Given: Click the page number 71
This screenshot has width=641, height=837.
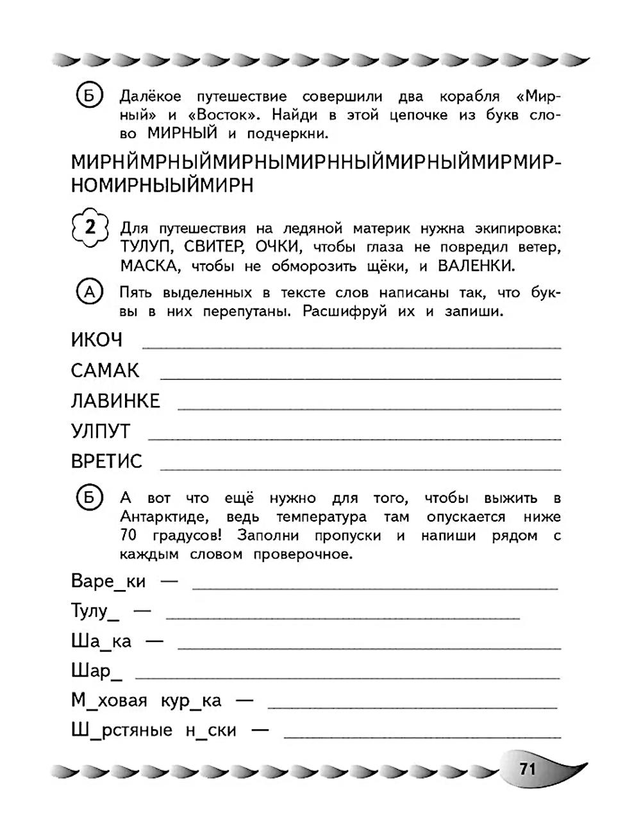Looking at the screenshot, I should (528, 768).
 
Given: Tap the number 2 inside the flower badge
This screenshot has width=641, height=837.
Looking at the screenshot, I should (90, 228).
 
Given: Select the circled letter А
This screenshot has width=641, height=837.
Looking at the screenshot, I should (90, 292).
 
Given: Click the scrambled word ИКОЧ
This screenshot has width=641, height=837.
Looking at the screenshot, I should (97, 340).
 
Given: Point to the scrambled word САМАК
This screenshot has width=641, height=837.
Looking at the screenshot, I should (105, 371).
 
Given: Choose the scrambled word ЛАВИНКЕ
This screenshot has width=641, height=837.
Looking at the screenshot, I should (115, 401).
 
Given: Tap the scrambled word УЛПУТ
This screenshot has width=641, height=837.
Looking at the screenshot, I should (101, 432).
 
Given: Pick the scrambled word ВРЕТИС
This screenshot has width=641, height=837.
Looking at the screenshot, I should (107, 462).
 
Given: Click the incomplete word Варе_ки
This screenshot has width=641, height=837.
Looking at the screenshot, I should (108, 582).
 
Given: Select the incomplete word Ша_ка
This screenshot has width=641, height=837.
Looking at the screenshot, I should (101, 641).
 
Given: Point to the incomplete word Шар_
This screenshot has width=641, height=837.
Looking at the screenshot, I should (92, 672).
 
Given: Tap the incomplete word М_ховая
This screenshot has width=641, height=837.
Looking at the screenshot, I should (109, 700).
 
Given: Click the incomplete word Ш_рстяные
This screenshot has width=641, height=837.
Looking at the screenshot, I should (122, 731).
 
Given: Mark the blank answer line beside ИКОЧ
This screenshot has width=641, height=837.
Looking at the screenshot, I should (351, 347).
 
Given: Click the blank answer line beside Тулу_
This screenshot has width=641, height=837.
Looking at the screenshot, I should (343, 618).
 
